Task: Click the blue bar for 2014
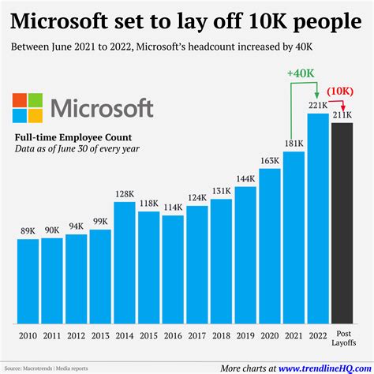(x=125, y=264)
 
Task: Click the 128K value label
(x=125, y=195)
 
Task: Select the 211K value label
(x=342, y=116)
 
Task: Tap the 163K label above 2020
(x=270, y=161)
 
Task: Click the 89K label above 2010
(x=28, y=231)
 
